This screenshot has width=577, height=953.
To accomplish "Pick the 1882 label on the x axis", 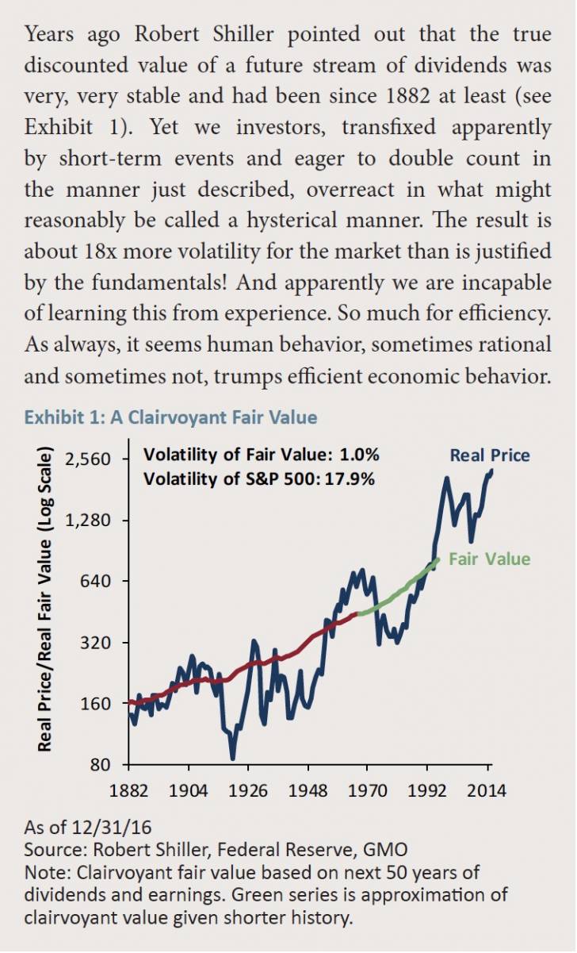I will pyautogui.click(x=128, y=790).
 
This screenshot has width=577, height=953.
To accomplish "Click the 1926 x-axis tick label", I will pyautogui.click(x=248, y=790).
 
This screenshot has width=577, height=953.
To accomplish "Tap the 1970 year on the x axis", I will pyautogui.click(x=369, y=790).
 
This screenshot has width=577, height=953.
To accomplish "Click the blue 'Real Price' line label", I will pyautogui.click(x=490, y=455).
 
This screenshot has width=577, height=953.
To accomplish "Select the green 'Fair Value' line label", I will pyautogui.click(x=489, y=559).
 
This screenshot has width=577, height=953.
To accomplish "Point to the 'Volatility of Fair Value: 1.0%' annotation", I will pyautogui.click(x=262, y=455).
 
